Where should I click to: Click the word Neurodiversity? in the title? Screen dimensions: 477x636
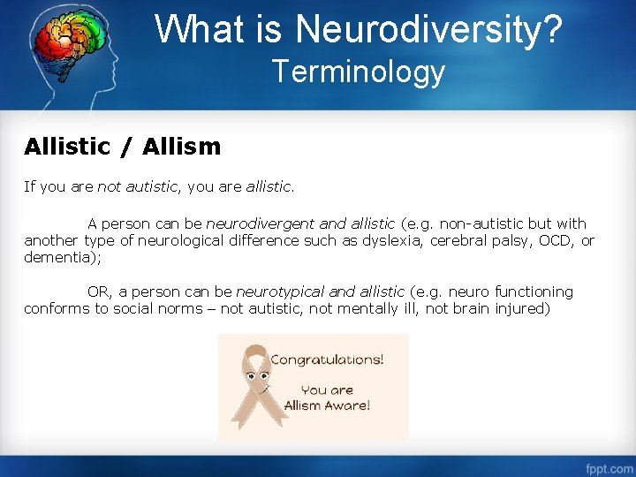pos(428,29)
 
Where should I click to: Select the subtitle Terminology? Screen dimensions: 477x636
pos(359,71)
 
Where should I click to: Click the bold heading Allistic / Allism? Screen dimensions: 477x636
pos(122,147)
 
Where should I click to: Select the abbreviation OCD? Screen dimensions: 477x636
pos(557,241)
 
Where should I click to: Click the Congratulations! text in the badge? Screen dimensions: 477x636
pos(326,360)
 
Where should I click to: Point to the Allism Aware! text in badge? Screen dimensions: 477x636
pos(327,405)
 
